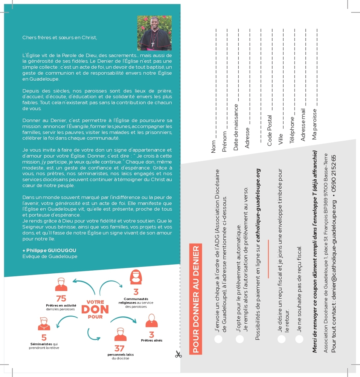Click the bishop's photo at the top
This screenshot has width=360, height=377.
click(154, 33)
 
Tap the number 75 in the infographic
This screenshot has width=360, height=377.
click(61, 299)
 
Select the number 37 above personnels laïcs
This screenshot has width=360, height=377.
click(120, 348)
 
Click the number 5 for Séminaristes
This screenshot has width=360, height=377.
click(44, 338)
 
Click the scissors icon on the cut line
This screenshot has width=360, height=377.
click(178, 354)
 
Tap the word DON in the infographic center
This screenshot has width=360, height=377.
click(95, 309)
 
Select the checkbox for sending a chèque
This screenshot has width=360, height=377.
click(218, 338)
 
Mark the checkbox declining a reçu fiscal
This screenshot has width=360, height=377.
click(299, 338)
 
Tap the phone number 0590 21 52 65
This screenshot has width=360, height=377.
click(334, 176)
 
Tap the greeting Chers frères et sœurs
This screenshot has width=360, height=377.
click(59, 37)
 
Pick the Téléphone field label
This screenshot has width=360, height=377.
click(292, 130)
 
